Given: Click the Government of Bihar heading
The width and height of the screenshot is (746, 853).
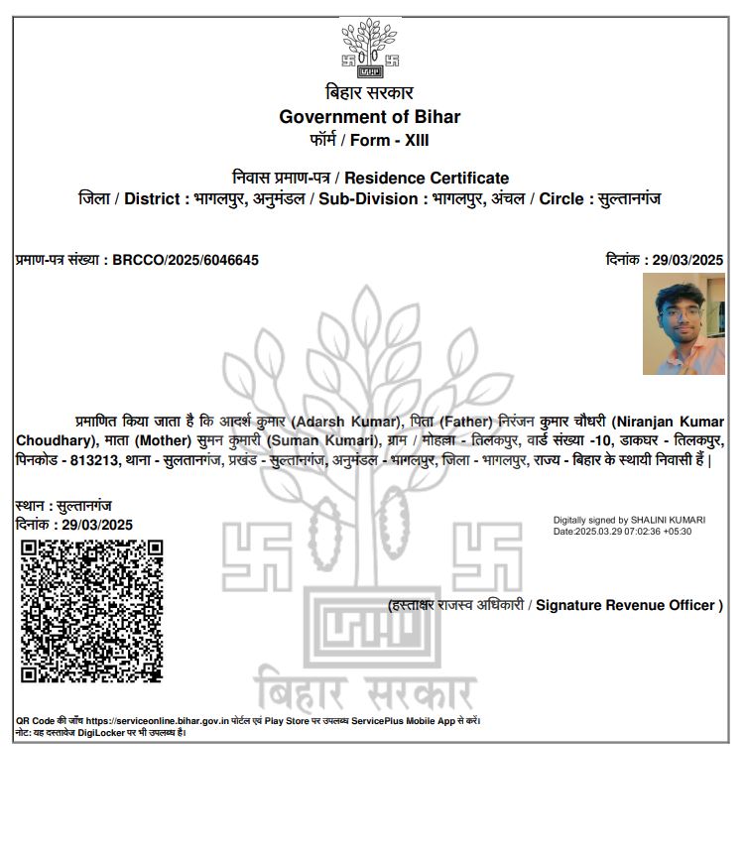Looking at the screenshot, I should click(x=369, y=117).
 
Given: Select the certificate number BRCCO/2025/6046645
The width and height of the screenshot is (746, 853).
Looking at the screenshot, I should click(x=186, y=260).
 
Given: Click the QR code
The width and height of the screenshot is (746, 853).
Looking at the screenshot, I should click(x=92, y=611).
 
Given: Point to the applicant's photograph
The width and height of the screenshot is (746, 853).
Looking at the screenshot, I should click(x=684, y=324).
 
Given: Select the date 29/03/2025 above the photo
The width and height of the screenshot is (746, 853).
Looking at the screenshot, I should click(x=687, y=260).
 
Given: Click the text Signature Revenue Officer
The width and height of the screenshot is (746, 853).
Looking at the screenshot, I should click(x=626, y=605).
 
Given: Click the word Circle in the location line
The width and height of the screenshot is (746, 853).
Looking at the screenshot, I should click(x=560, y=198).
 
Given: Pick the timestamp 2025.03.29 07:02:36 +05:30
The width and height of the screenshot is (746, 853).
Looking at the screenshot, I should click(x=634, y=532).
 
